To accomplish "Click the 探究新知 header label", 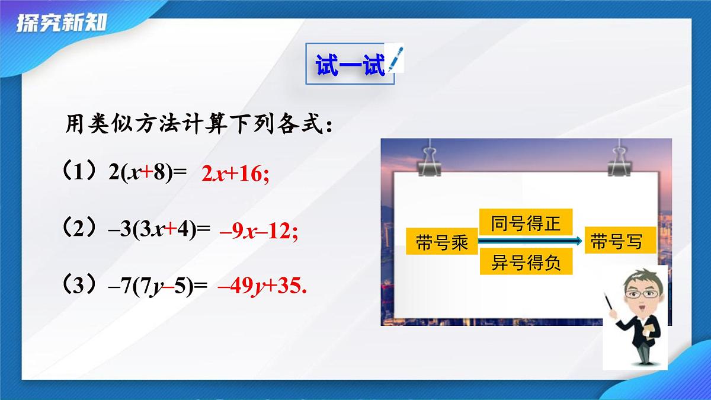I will [62, 23].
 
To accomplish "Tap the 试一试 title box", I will [350, 63].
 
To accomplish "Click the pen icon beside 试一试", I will [394, 59].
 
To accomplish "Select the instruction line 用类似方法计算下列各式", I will [198, 126].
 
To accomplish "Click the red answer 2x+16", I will [235, 174].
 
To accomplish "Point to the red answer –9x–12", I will [258, 231].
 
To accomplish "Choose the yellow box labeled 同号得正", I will [526, 224].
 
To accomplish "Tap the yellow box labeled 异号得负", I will [526, 263].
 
